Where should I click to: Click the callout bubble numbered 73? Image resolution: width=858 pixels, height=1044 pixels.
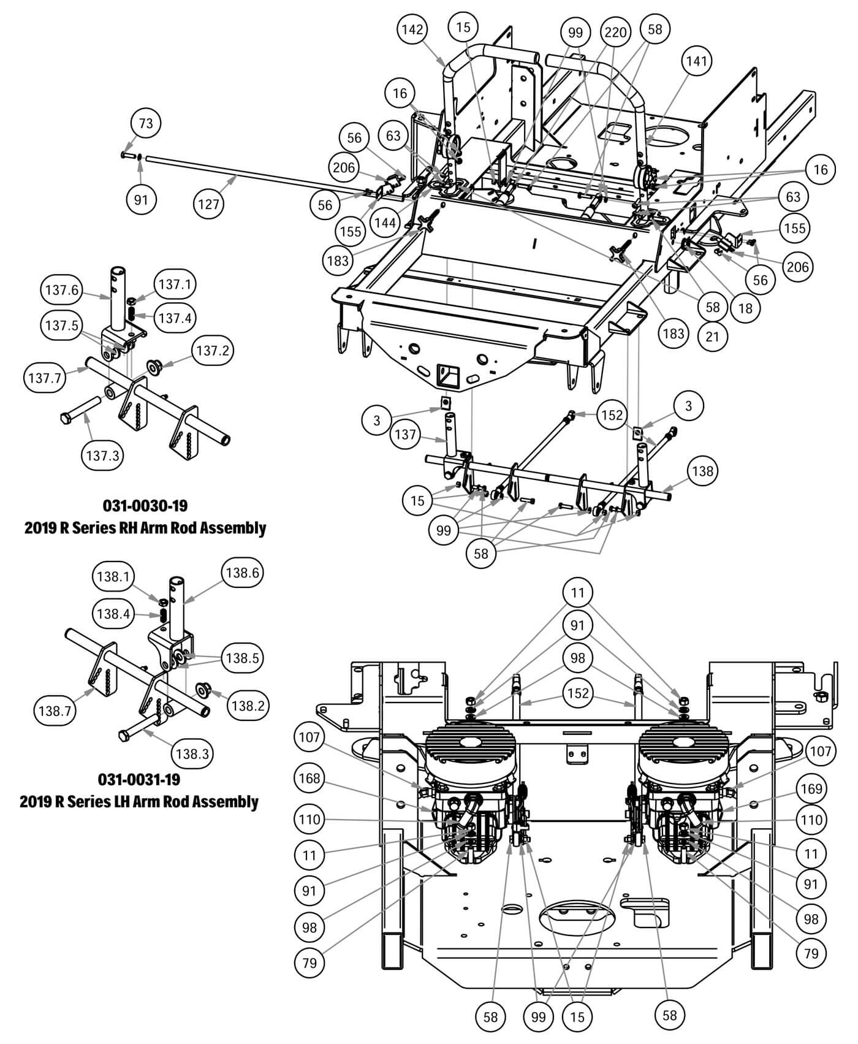pyautogui.click(x=145, y=123)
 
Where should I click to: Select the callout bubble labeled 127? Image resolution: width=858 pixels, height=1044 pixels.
pyautogui.click(x=208, y=204)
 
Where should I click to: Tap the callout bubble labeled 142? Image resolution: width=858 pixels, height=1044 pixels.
pyautogui.click(x=412, y=29)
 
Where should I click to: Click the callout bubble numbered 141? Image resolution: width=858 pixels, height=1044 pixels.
pyautogui.click(x=696, y=61)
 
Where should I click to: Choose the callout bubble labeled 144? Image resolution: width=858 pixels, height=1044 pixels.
pyautogui.click(x=385, y=223)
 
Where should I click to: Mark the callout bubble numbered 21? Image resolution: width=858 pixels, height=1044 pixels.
pyautogui.click(x=712, y=337)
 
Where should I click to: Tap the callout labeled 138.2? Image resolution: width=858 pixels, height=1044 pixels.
pyautogui.click(x=248, y=706)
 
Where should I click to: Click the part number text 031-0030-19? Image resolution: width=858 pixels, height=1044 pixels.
pyautogui.click(x=145, y=506)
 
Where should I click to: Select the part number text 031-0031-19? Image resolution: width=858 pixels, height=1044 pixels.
pyautogui.click(x=139, y=780)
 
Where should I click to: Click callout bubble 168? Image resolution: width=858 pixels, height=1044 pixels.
pyautogui.click(x=309, y=779)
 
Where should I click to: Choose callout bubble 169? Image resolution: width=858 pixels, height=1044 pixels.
pyautogui.click(x=811, y=788)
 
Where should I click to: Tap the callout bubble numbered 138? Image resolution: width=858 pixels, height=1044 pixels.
pyautogui.click(x=702, y=471)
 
